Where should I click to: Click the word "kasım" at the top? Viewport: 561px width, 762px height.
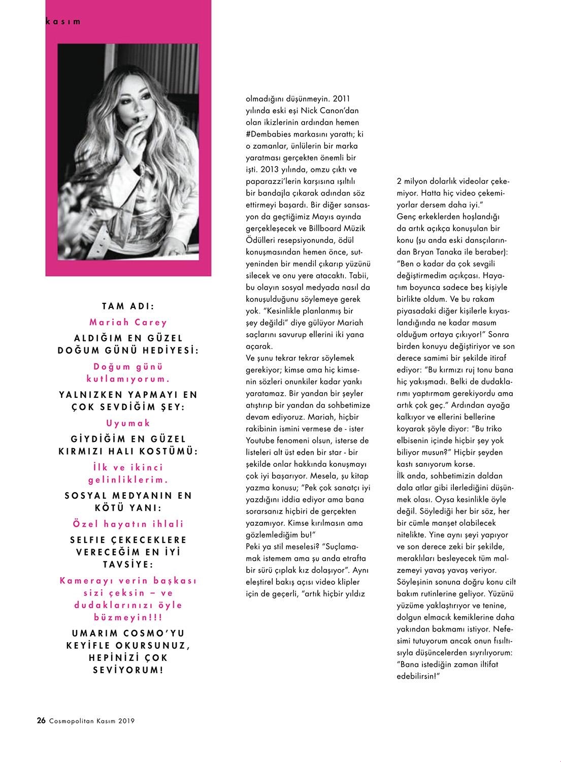coord(63,22)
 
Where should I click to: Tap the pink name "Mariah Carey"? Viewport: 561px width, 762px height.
coord(128,322)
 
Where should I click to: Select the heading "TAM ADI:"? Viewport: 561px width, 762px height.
coord(128,306)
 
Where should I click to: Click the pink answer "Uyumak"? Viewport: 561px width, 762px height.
coord(128,423)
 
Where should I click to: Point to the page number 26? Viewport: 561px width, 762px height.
coord(41,720)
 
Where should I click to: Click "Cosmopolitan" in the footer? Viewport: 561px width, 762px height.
coord(71,721)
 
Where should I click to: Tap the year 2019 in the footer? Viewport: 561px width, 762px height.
coord(126,721)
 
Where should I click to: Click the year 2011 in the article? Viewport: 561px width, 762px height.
coord(341,99)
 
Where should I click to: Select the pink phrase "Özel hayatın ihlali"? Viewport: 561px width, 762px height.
coord(128,524)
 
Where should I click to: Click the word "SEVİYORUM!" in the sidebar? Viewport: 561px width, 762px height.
coord(128,670)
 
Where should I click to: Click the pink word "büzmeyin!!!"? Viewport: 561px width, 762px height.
coord(128,618)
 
